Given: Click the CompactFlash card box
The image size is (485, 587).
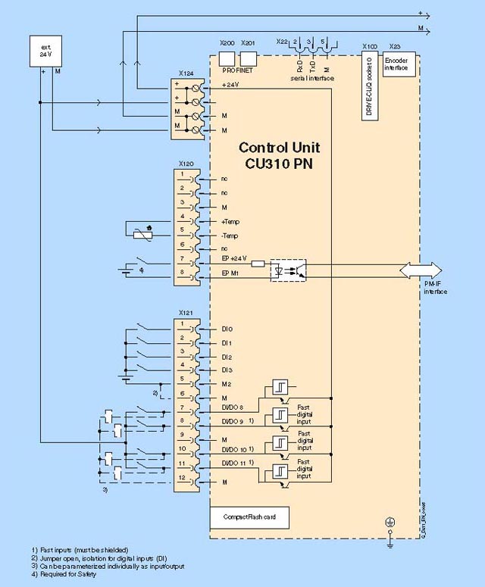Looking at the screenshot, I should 249,516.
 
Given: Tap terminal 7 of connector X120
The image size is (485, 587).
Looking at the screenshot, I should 184,259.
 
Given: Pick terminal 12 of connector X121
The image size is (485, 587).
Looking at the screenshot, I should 184,479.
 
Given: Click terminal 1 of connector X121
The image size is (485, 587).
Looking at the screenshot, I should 184,325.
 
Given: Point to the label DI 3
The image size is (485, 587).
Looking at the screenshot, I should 227,370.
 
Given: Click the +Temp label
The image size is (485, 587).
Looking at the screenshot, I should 230,222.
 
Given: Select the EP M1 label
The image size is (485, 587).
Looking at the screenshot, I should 230,272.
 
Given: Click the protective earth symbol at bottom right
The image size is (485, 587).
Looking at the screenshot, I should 390,523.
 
